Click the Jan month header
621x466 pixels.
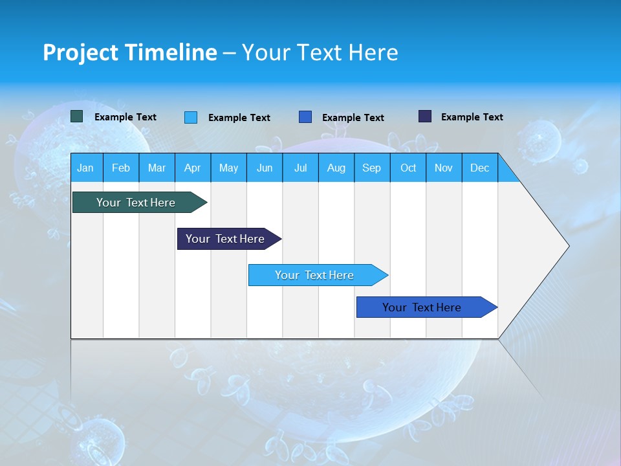pyautogui.click(x=86, y=168)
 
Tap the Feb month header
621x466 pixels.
pyautogui.click(x=121, y=168)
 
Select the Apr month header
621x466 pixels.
pyautogui.click(x=193, y=168)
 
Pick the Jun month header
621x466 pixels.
pyautogui.click(x=265, y=168)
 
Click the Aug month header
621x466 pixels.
pyautogui.click(x=336, y=168)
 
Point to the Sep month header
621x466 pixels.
pyautogui.click(x=372, y=168)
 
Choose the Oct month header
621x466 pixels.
pyautogui.click(x=408, y=168)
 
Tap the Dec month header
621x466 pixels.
pyautogui.click(x=480, y=168)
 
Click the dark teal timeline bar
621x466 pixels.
pyautogui.click(x=136, y=203)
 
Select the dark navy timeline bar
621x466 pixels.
pyautogui.click(x=225, y=239)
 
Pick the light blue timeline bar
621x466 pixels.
pyautogui.click(x=314, y=275)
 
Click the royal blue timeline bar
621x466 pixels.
pyautogui.click(x=422, y=307)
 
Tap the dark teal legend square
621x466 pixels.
pyautogui.click(x=77, y=116)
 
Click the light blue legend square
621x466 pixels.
pyautogui.click(x=191, y=117)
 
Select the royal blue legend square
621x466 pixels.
pyautogui.click(x=305, y=117)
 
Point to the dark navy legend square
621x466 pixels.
pyautogui.click(x=425, y=116)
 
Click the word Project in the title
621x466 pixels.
pyautogui.click(x=80, y=52)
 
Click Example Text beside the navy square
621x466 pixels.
pyautogui.click(x=472, y=117)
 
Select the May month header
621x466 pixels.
pyautogui.click(x=228, y=168)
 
